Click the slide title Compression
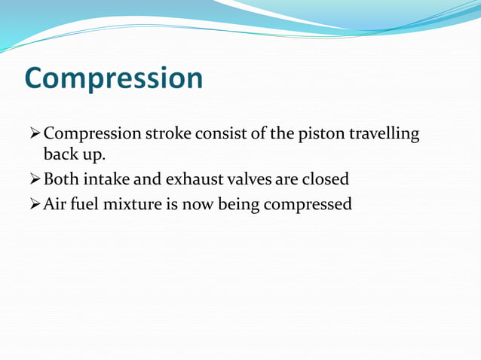click(113, 79)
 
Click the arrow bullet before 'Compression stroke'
click(33, 134)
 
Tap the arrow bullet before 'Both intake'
click(33, 180)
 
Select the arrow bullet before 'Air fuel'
click(33, 203)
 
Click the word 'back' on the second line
click(60, 156)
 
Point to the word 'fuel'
click(87, 203)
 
